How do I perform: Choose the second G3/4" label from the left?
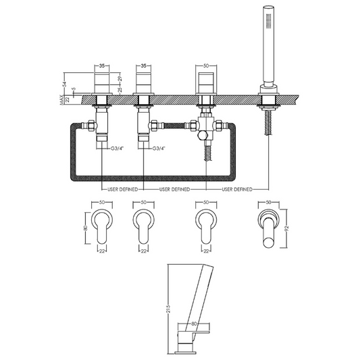(x=160, y=149)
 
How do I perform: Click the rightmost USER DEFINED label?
(x=236, y=190)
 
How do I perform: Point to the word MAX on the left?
(x=61, y=100)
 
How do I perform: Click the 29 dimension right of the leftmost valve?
(x=119, y=79)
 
